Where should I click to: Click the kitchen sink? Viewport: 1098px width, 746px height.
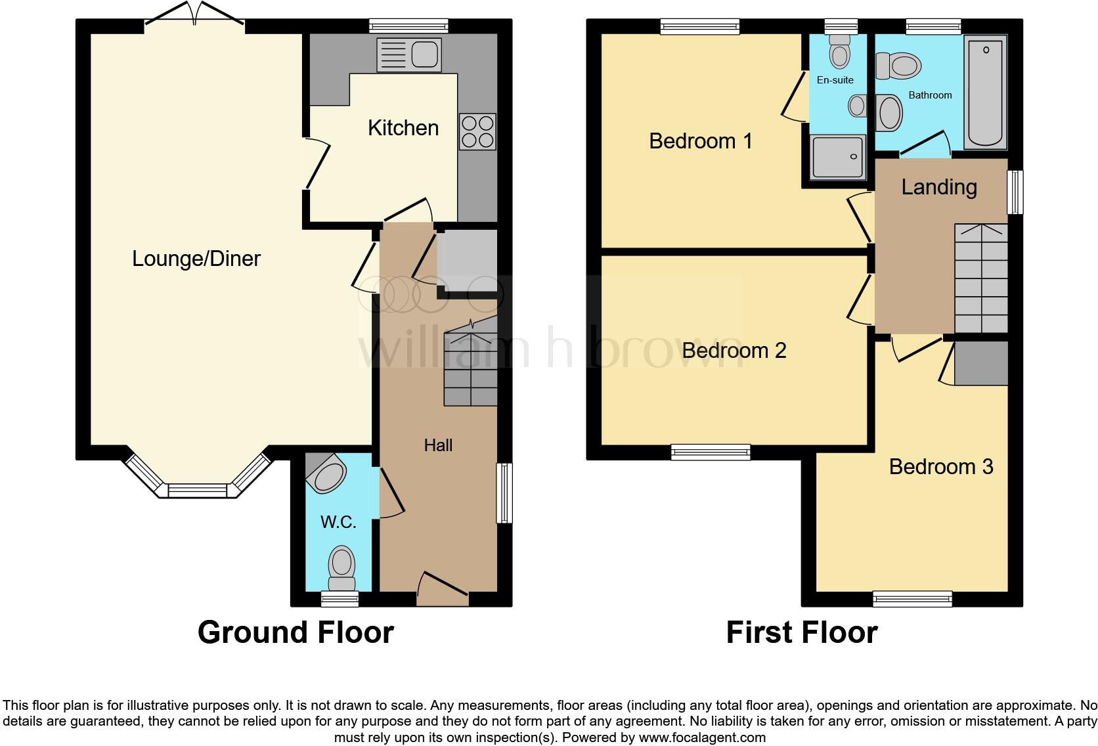pos(408,55)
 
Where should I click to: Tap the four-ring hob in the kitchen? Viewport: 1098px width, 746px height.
pos(477,131)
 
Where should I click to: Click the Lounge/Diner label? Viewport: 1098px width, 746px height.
pos(196,259)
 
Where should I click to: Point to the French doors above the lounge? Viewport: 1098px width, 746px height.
pos(195,16)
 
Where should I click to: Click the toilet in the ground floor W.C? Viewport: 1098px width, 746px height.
pos(341,568)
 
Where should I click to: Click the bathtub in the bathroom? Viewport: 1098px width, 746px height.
pos(984,92)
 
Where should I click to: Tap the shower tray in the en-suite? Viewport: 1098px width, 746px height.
pos(837,156)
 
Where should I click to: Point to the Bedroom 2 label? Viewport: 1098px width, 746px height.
pos(734,351)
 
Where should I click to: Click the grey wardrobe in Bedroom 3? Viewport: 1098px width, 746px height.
pos(981,363)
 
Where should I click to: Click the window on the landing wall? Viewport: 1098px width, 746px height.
pos(1015,192)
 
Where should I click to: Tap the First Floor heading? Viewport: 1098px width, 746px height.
pos(801,632)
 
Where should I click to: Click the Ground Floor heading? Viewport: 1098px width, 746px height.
pos(296,632)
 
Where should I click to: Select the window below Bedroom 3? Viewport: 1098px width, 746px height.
pos(912,598)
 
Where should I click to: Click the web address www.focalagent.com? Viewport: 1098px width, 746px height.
pos(702,737)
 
